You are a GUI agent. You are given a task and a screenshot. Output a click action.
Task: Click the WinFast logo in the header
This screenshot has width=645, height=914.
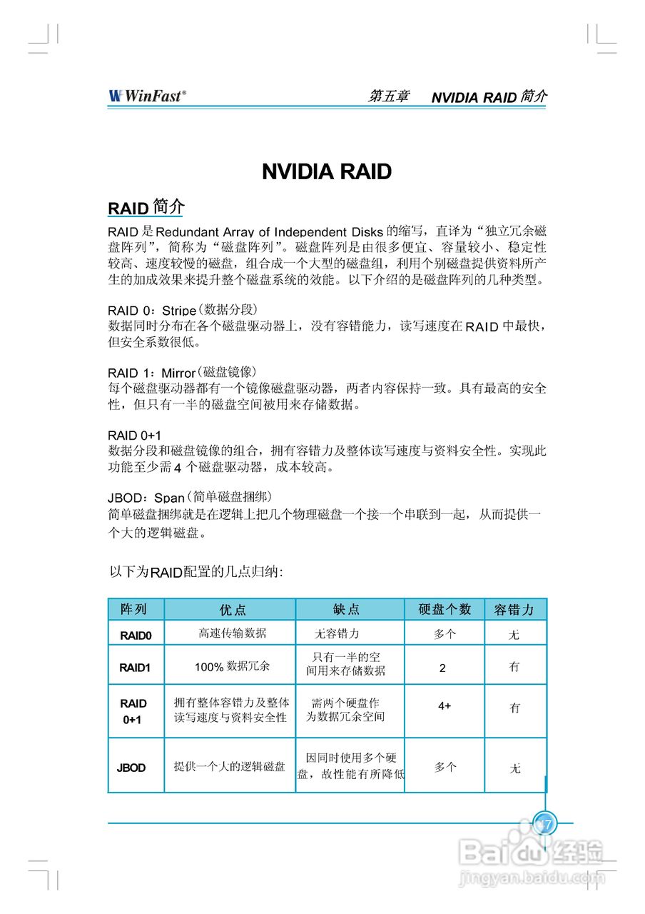147,96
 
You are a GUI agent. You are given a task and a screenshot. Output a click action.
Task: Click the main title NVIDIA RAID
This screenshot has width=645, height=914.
327,171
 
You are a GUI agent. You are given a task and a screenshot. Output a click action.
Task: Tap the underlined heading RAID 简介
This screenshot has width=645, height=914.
146,208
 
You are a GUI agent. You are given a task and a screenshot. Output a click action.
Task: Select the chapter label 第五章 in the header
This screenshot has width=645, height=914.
389,96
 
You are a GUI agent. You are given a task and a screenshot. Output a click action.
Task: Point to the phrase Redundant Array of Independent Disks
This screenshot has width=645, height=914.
269,232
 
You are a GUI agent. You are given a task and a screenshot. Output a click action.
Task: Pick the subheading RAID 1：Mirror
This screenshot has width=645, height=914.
151,373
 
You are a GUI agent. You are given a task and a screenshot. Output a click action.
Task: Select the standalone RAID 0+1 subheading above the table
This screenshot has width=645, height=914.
134,435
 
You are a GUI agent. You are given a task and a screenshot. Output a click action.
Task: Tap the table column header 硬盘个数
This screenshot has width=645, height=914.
445,610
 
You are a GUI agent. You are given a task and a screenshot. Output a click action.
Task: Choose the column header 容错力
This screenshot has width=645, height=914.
514,610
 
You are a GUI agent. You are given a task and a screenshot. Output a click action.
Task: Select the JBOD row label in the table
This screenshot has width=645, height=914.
131,768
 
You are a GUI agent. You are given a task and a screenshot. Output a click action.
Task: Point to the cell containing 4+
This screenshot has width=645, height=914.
445,706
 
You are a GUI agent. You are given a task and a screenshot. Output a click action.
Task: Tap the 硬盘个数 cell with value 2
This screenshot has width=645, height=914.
443,668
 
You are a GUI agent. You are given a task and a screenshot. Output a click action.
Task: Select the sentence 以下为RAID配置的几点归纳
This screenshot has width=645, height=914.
196,572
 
